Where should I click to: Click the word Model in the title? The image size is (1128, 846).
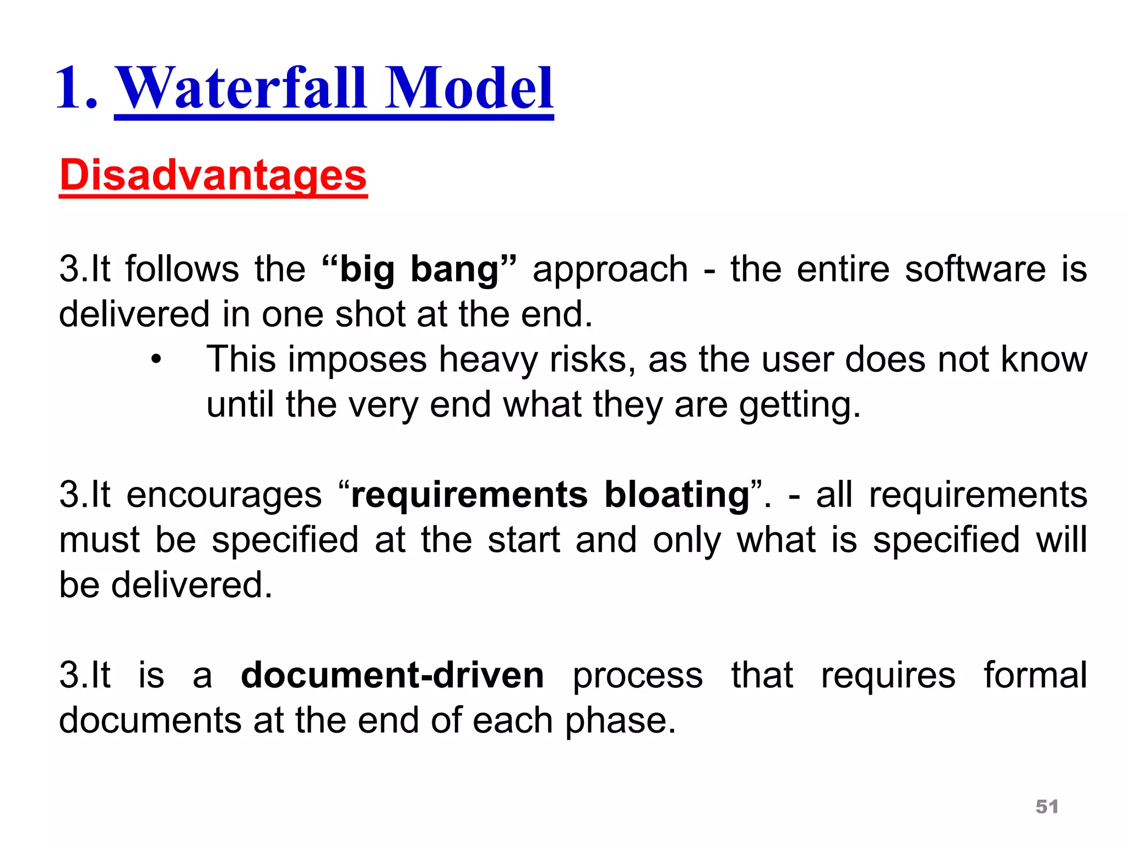[469, 88]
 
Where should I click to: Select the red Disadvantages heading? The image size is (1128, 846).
[213, 175]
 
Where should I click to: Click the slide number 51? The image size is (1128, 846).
[1046, 806]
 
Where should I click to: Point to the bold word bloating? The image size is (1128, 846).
[677, 495]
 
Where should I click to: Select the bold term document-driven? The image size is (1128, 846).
[392, 675]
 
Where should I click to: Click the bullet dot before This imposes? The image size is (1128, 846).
[156, 360]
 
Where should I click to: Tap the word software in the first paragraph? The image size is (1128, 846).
[975, 269]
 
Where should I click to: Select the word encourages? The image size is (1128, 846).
[224, 495]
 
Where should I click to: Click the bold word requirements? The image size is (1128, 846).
[469, 495]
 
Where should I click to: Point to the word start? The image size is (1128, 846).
[523, 540]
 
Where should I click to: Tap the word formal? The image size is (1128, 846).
[1035, 675]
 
